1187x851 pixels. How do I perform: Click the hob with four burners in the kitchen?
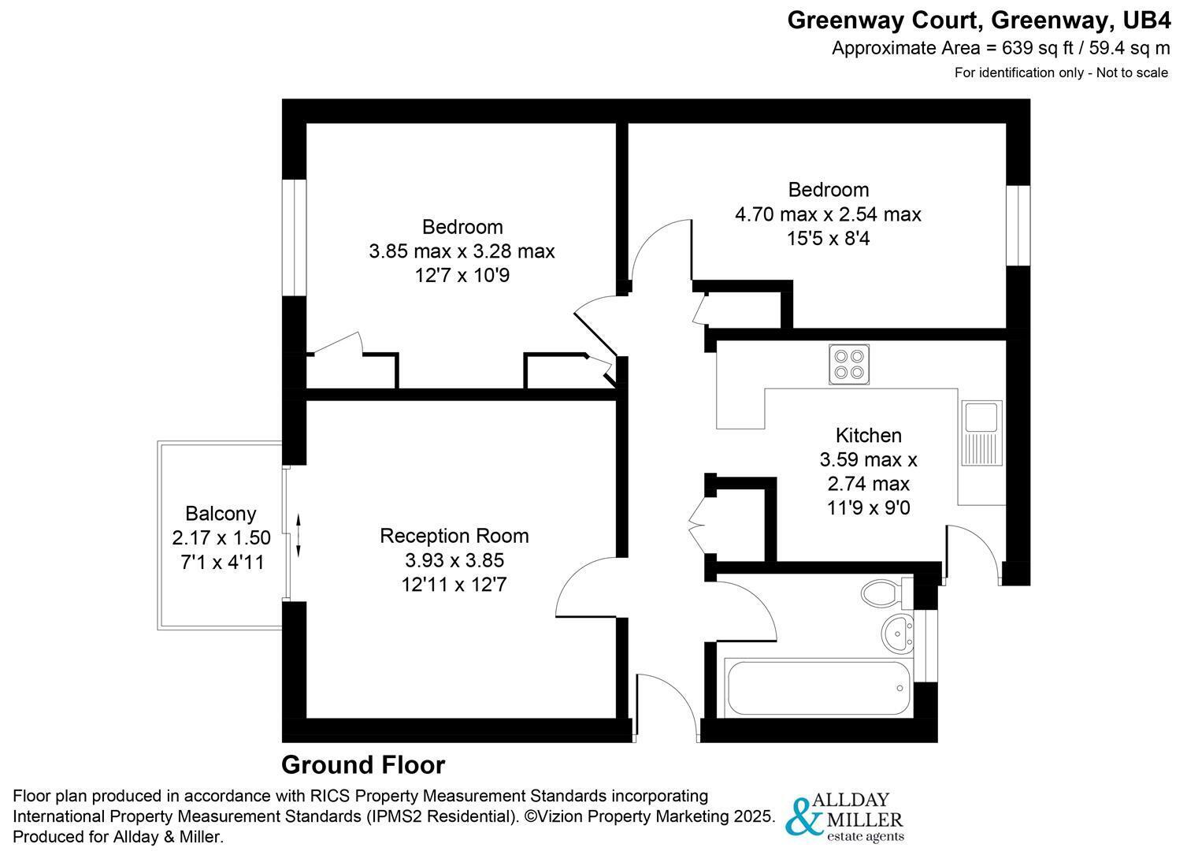[x=849, y=364]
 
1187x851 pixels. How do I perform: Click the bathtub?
[x=819, y=689]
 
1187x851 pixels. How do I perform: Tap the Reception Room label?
[x=454, y=536]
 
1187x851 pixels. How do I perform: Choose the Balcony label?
[x=221, y=514]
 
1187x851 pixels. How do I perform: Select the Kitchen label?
[x=868, y=435]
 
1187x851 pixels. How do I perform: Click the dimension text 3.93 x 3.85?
[x=454, y=560]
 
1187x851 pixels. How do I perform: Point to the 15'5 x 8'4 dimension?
[x=828, y=238]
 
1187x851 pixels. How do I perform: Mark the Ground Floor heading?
[x=363, y=765]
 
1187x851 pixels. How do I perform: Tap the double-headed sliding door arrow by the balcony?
[x=299, y=536]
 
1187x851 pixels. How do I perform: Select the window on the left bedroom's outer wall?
[x=294, y=238]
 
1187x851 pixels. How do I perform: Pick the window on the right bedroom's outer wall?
[x=1018, y=225]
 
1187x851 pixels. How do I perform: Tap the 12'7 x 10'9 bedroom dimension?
[x=462, y=276]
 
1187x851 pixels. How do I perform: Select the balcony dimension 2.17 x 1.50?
[x=221, y=538]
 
